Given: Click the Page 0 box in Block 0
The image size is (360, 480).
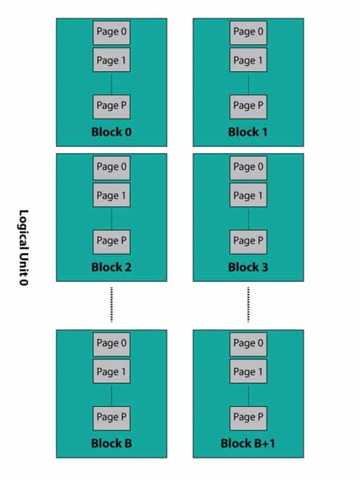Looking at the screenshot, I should [x=111, y=32].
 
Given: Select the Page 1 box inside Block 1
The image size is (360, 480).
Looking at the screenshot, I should [x=248, y=61].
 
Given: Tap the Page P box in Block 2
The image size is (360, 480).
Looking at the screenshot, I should [x=111, y=241].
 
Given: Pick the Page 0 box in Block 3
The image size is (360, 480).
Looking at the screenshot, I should [x=248, y=168].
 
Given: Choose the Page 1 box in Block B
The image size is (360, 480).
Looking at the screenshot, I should [x=111, y=372].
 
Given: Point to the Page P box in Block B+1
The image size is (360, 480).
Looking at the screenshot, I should [x=248, y=417].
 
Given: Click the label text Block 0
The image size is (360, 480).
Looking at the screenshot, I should [x=111, y=132].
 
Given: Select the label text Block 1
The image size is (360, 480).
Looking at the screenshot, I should [x=248, y=132].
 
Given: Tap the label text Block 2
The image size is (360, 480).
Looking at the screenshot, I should [x=111, y=267].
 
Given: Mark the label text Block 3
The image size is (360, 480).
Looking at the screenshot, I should [x=248, y=267].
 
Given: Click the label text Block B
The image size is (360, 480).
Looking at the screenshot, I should [x=111, y=443].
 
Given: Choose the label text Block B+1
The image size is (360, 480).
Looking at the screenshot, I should [x=248, y=443].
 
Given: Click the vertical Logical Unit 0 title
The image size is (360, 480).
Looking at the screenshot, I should [x=23, y=247].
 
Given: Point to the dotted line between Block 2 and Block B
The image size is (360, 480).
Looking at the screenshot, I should [x=111, y=304].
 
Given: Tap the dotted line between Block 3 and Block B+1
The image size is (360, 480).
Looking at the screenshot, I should [x=248, y=304].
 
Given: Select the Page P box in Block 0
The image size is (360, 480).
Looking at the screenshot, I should [x=111, y=106].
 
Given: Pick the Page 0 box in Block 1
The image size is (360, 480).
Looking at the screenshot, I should [x=248, y=32].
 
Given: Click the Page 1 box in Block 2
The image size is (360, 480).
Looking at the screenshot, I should [x=111, y=196].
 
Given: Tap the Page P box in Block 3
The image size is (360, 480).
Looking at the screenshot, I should [x=248, y=241].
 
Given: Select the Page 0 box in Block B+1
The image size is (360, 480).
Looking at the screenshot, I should [x=248, y=344].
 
